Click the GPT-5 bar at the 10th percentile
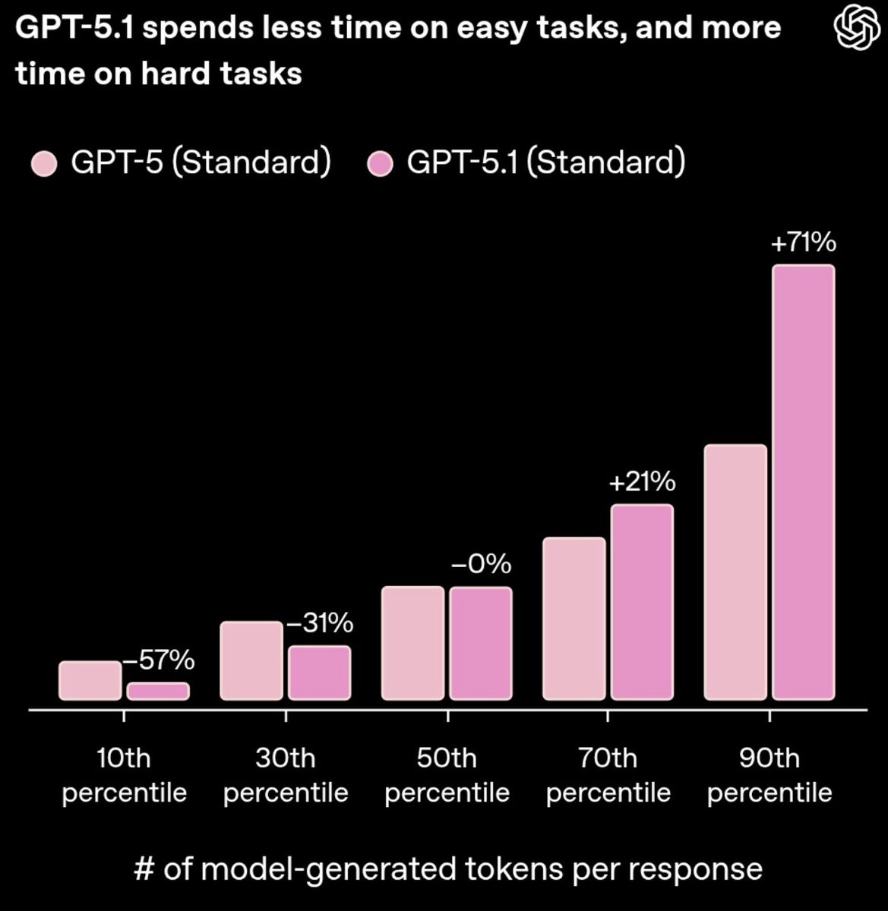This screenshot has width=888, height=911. point(90,680)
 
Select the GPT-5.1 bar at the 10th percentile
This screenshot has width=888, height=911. point(158,691)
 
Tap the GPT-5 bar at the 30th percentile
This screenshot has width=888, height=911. point(251,660)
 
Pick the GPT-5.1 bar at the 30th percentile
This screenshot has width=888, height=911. point(320,673)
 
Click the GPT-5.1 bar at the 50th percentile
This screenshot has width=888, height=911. point(481,643)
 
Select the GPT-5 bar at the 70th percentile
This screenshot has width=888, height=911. point(574,619)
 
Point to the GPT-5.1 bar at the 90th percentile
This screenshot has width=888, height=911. point(804,482)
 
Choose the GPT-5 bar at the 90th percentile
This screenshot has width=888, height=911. point(735,572)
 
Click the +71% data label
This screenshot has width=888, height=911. point(803,243)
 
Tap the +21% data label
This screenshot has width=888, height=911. point(642,482)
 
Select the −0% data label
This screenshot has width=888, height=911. point(481,565)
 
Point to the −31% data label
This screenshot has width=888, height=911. point(319,623)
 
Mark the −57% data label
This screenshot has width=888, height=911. point(159,660)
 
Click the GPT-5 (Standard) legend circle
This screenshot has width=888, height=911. point(44,163)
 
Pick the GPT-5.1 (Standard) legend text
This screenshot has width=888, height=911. point(545,162)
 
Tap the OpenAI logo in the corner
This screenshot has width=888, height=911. point(857,28)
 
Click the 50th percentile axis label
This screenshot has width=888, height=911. point(447,775)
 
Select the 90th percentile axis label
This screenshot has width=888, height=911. point(769,775)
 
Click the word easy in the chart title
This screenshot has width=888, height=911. point(497,29)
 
